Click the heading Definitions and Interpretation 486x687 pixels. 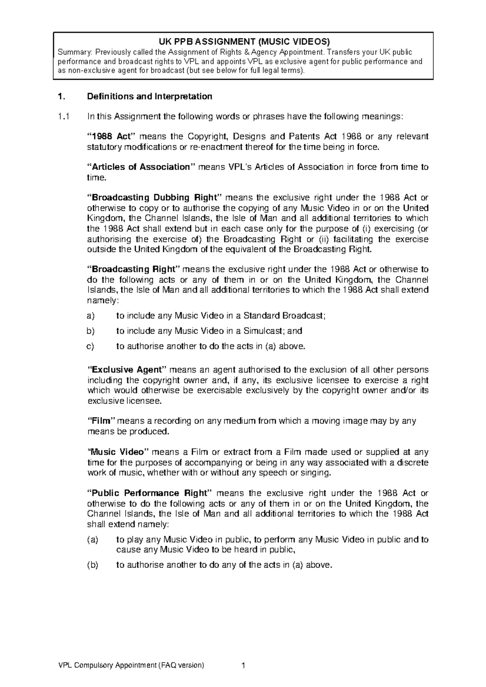(149, 96)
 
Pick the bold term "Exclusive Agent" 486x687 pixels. (127, 370)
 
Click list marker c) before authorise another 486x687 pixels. (91, 346)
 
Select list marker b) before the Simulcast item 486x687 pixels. (91, 331)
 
